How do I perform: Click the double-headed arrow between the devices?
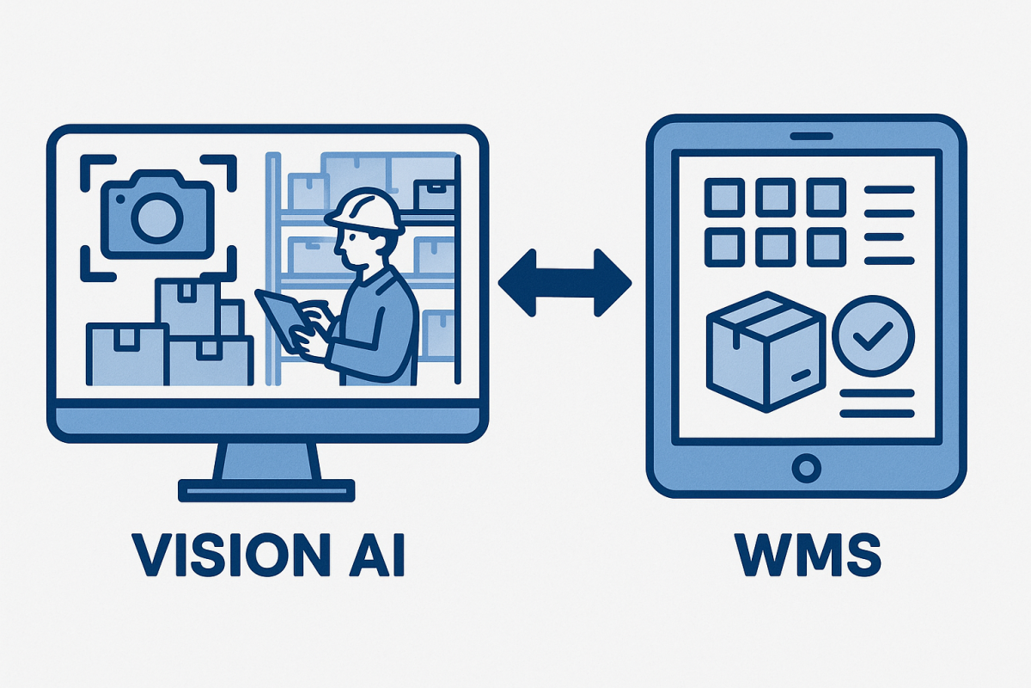click(x=564, y=283)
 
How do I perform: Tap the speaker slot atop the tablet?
click(x=806, y=137)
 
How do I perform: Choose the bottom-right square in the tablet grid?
click(x=827, y=249)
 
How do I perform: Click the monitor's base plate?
click(x=266, y=490)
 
